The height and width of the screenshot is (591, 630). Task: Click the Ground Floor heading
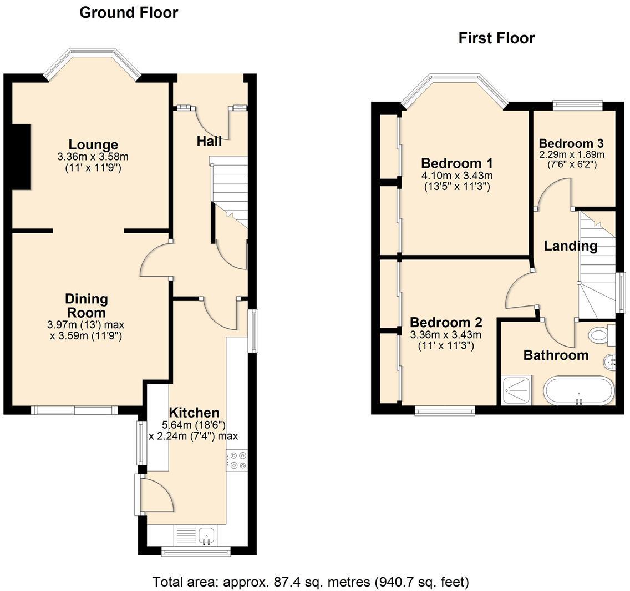coord(129,12)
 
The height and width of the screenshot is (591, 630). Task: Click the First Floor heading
coord(496,38)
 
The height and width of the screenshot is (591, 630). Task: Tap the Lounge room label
coord(93,145)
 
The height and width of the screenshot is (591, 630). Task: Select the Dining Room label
coord(86,305)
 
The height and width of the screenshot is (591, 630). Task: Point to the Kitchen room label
coord(194,413)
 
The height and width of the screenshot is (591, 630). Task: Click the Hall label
coord(209,141)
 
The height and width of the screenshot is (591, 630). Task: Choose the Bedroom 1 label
coord(456,163)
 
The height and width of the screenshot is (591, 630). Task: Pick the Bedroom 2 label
coord(445,323)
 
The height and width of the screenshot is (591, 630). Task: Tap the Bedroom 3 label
coord(571,142)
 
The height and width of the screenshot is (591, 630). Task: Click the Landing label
coord(570,246)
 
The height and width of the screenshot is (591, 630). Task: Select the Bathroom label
coord(556,355)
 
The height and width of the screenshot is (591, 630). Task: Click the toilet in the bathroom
coord(601,334)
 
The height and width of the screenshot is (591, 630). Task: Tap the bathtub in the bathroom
coord(579,390)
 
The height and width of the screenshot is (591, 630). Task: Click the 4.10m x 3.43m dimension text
coord(456,176)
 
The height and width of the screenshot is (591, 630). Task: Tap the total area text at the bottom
coord(311,582)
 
